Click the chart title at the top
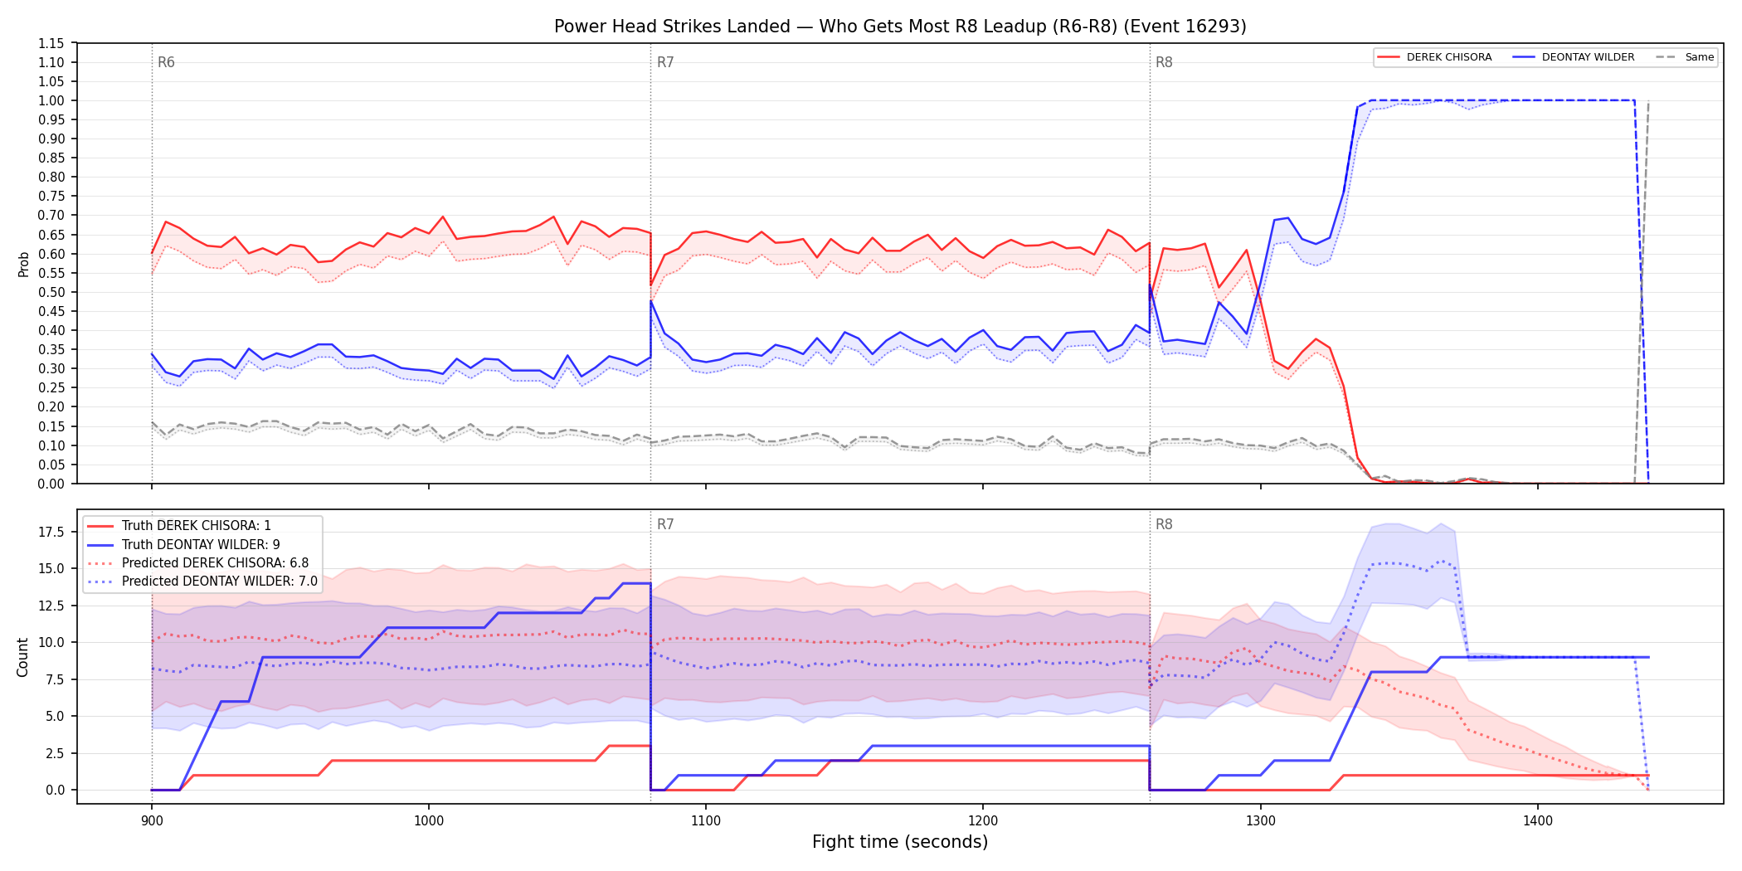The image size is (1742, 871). coord(900,27)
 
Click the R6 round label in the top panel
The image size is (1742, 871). coord(166,62)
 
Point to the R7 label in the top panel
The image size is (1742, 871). coord(665,62)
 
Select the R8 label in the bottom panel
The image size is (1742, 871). coord(1164,524)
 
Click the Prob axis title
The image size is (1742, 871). coord(24,264)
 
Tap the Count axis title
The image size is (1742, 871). coord(22,657)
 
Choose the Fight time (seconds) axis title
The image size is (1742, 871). coord(900,842)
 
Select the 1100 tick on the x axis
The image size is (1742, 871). coord(706,821)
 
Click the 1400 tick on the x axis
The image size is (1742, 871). coord(1538,821)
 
